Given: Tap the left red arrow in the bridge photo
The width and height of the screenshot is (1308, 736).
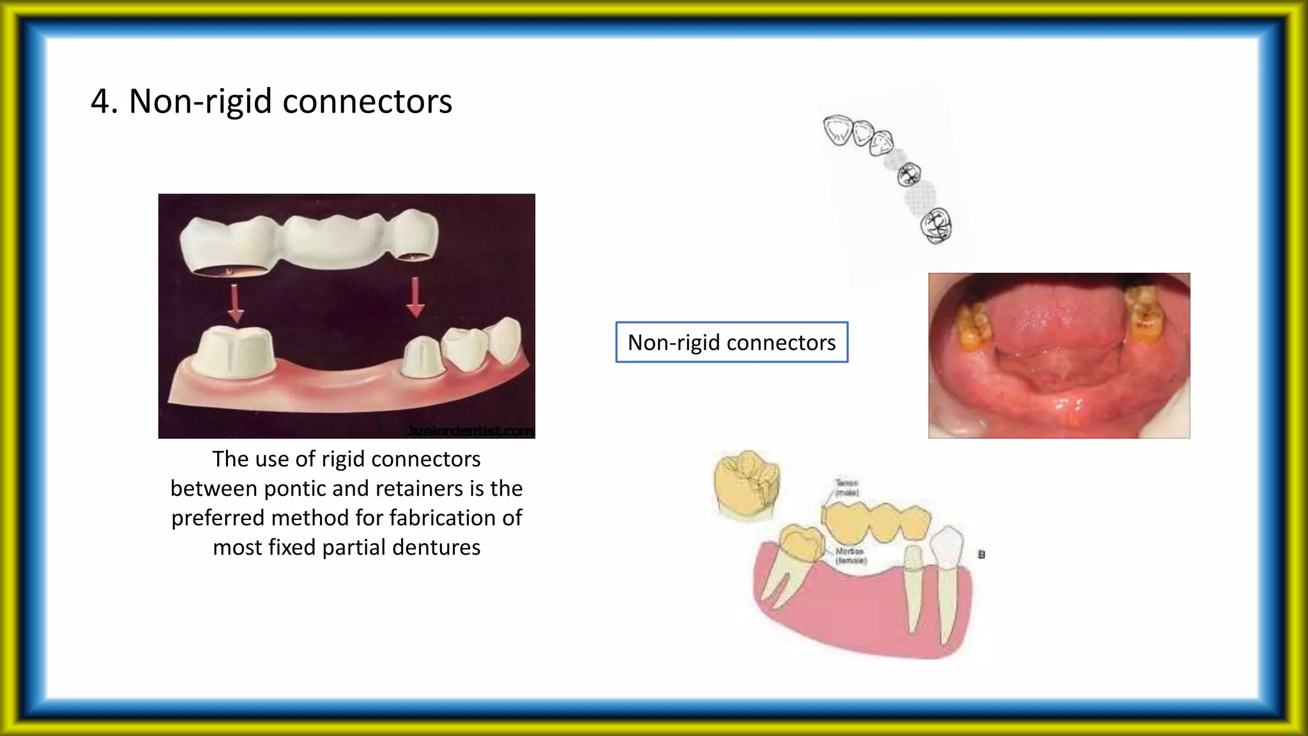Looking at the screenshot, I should point(236,303).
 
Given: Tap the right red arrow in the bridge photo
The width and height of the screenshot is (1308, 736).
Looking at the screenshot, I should point(416,298).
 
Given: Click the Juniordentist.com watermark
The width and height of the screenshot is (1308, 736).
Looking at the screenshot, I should point(469,431).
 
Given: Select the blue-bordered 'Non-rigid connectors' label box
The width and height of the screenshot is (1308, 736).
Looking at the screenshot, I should point(731,342).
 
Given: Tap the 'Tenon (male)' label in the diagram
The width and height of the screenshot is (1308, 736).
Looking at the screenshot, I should point(847,487).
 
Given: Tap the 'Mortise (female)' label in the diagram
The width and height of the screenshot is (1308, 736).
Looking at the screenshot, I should point(851,555).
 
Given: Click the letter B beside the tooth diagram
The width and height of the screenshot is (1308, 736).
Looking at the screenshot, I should point(982,555).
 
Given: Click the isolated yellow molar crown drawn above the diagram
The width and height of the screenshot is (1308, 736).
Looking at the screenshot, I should point(745,484).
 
